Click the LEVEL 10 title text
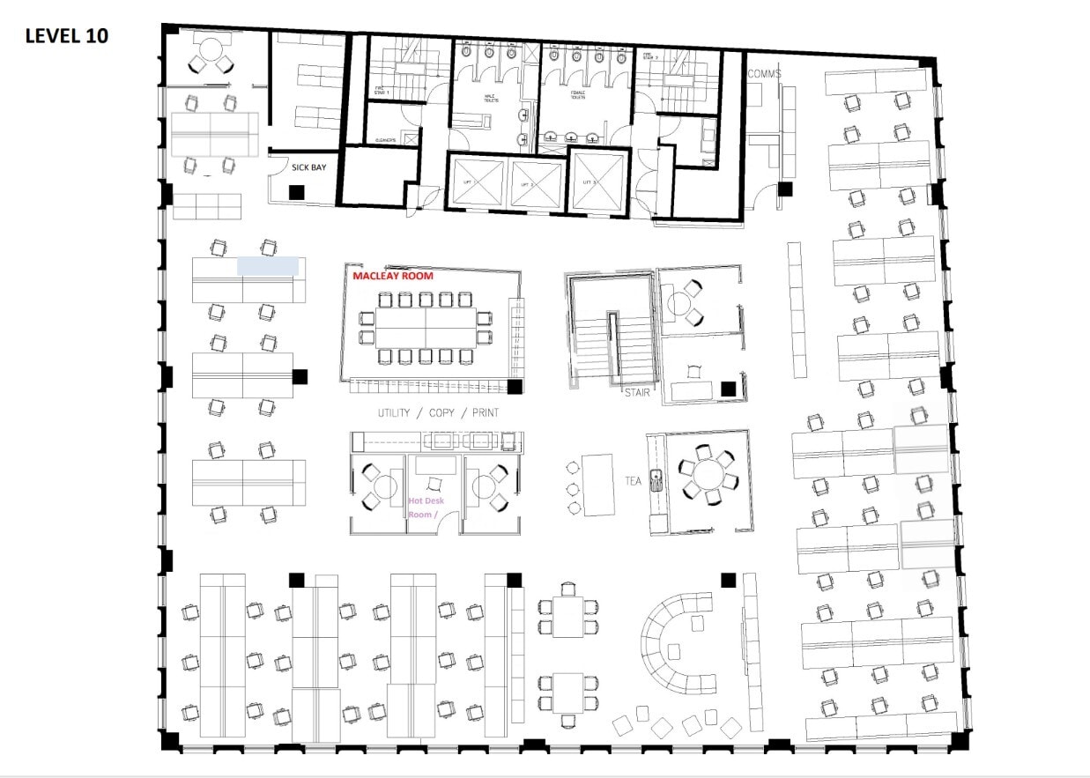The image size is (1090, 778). [67, 36]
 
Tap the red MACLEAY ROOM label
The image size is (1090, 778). [393, 276]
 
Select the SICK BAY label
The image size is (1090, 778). [308, 167]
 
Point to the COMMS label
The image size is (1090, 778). [764, 74]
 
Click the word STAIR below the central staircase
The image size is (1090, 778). [636, 392]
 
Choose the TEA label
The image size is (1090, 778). [633, 481]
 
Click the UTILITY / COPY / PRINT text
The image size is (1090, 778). [438, 412]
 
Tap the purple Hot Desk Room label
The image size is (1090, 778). [426, 508]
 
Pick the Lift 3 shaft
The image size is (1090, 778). [597, 182]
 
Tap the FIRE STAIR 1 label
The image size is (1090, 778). [381, 90]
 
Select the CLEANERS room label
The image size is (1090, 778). [385, 140]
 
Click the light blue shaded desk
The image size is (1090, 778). [268, 266]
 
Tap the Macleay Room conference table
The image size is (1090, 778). [426, 328]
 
